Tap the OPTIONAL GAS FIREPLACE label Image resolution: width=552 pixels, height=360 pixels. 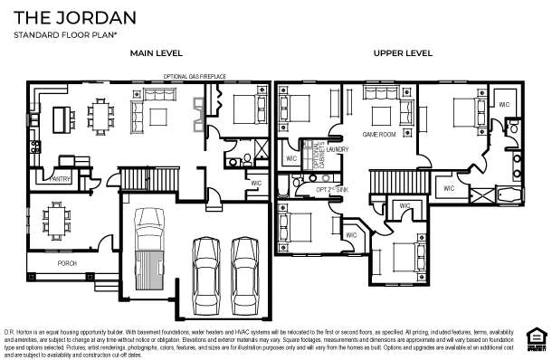point(195,77)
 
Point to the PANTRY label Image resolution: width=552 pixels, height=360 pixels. point(61,179)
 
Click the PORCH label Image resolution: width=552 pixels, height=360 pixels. point(67,264)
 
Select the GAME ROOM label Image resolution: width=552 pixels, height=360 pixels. point(380,134)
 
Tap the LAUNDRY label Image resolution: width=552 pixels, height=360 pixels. point(338,149)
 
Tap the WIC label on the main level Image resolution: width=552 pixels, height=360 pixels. point(256,185)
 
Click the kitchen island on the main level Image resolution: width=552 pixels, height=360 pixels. point(63,118)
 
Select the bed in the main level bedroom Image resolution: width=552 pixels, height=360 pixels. point(243,110)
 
